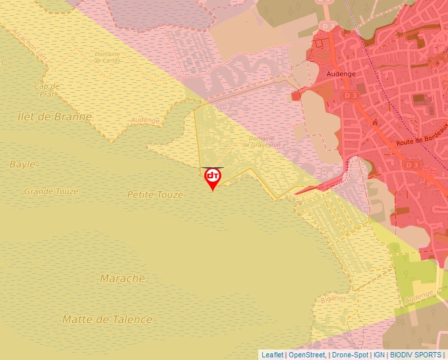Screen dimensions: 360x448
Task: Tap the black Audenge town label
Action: click(341, 74)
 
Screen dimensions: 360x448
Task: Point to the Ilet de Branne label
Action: click(55, 116)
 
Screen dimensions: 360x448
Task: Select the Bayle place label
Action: click(22, 164)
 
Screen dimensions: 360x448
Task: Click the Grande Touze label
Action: click(51, 192)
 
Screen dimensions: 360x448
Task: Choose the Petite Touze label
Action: click(155, 195)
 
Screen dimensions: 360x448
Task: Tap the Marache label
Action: click(123, 278)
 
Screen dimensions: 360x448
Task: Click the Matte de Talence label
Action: click(107, 319)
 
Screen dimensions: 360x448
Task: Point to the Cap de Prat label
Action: click(47, 90)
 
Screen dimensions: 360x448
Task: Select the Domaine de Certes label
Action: click(107, 57)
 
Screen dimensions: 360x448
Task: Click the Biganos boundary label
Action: click(333, 298)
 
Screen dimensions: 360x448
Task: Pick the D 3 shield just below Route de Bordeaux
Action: click(412, 164)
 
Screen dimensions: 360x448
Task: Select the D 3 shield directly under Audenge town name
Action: click(352, 95)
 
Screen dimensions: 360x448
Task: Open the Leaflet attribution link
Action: click(272, 355)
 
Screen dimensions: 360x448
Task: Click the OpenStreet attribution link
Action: click(307, 355)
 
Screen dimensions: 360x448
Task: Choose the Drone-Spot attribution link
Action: click(350, 355)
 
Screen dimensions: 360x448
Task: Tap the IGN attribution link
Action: click(379, 355)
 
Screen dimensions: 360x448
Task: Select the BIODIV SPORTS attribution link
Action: click(415, 355)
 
